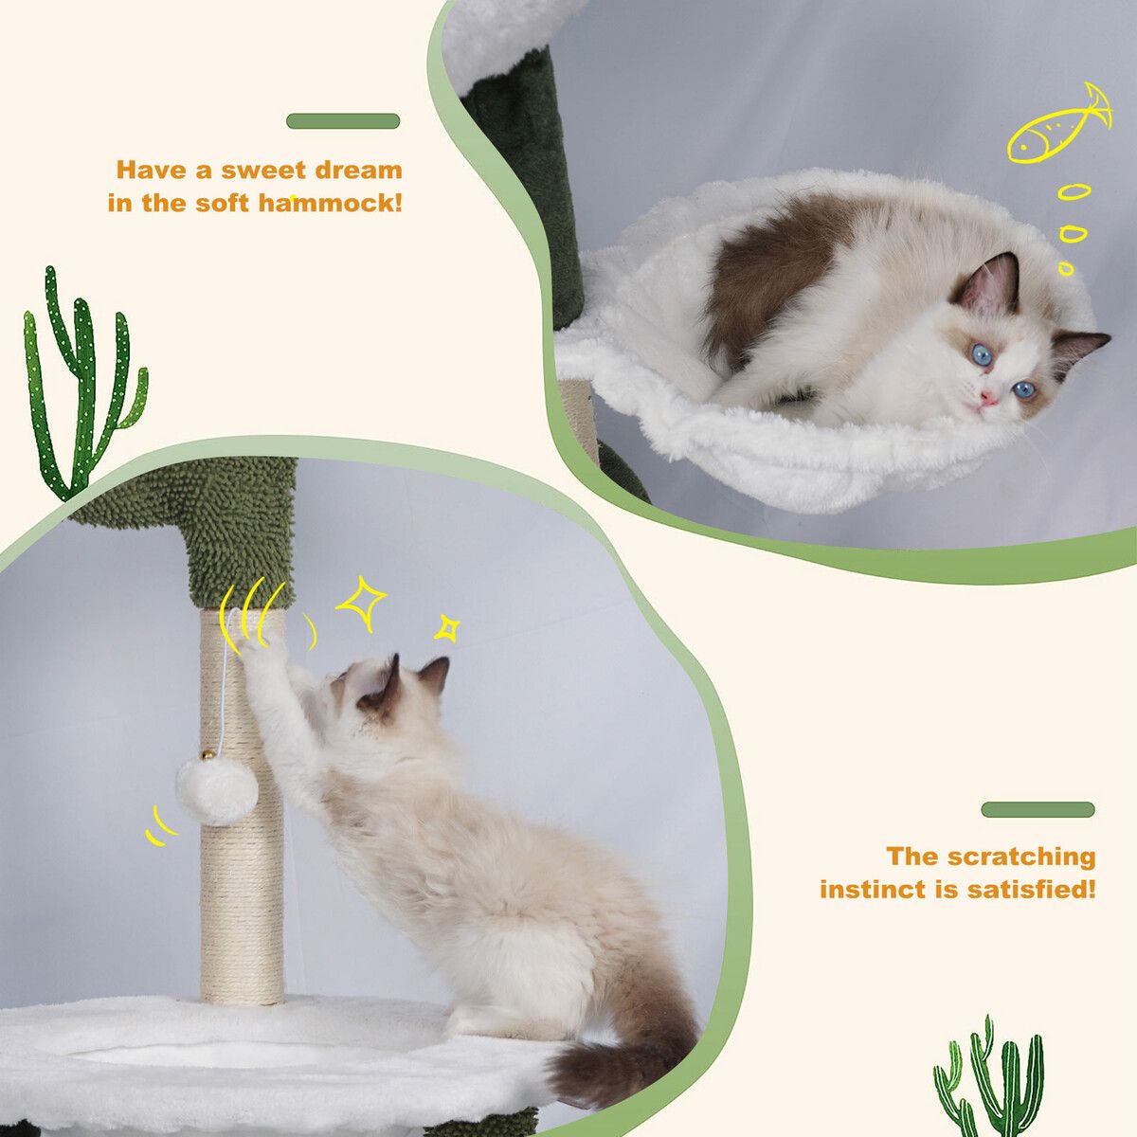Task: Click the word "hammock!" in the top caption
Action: point(331,203)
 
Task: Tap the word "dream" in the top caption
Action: point(358,170)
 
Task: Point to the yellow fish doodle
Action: point(1058,128)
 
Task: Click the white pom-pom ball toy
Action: point(217,791)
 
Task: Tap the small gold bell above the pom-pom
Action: point(208,754)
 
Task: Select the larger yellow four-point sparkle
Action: point(361,604)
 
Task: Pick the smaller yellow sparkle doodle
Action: point(447,628)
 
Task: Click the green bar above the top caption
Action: point(343,121)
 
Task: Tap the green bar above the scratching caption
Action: point(1038,809)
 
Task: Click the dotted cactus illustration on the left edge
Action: point(82,384)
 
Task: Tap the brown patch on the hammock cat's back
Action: point(767,278)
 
